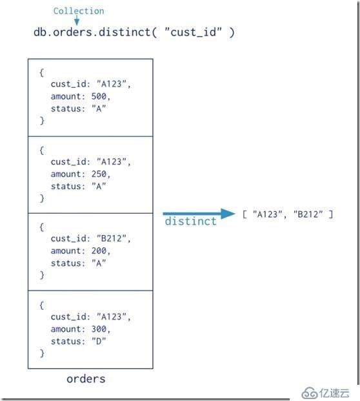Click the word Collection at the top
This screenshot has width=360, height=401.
[79, 11]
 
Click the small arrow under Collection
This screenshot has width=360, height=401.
[77, 21]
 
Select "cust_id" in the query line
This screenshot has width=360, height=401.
[194, 32]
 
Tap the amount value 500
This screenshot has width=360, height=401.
[99, 96]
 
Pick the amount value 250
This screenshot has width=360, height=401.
[99, 174]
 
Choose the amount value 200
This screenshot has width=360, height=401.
[99, 251]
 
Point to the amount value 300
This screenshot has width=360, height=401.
[99, 329]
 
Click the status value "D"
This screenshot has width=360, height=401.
[99, 341]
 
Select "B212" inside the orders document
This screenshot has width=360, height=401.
[112, 238]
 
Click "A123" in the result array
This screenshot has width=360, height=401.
[268, 214]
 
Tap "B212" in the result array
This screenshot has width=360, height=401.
[308, 214]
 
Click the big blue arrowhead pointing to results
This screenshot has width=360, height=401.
[228, 214]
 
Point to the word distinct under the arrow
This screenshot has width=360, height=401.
[190, 221]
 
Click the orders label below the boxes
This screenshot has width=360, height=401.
[86, 379]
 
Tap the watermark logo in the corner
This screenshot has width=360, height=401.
[326, 393]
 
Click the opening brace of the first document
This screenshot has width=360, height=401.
[41, 72]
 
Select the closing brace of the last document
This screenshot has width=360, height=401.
[42, 353]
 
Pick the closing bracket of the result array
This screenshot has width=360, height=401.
[331, 214]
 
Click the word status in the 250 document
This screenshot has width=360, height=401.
[65, 186]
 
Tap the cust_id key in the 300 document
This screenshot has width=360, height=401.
[68, 316]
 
